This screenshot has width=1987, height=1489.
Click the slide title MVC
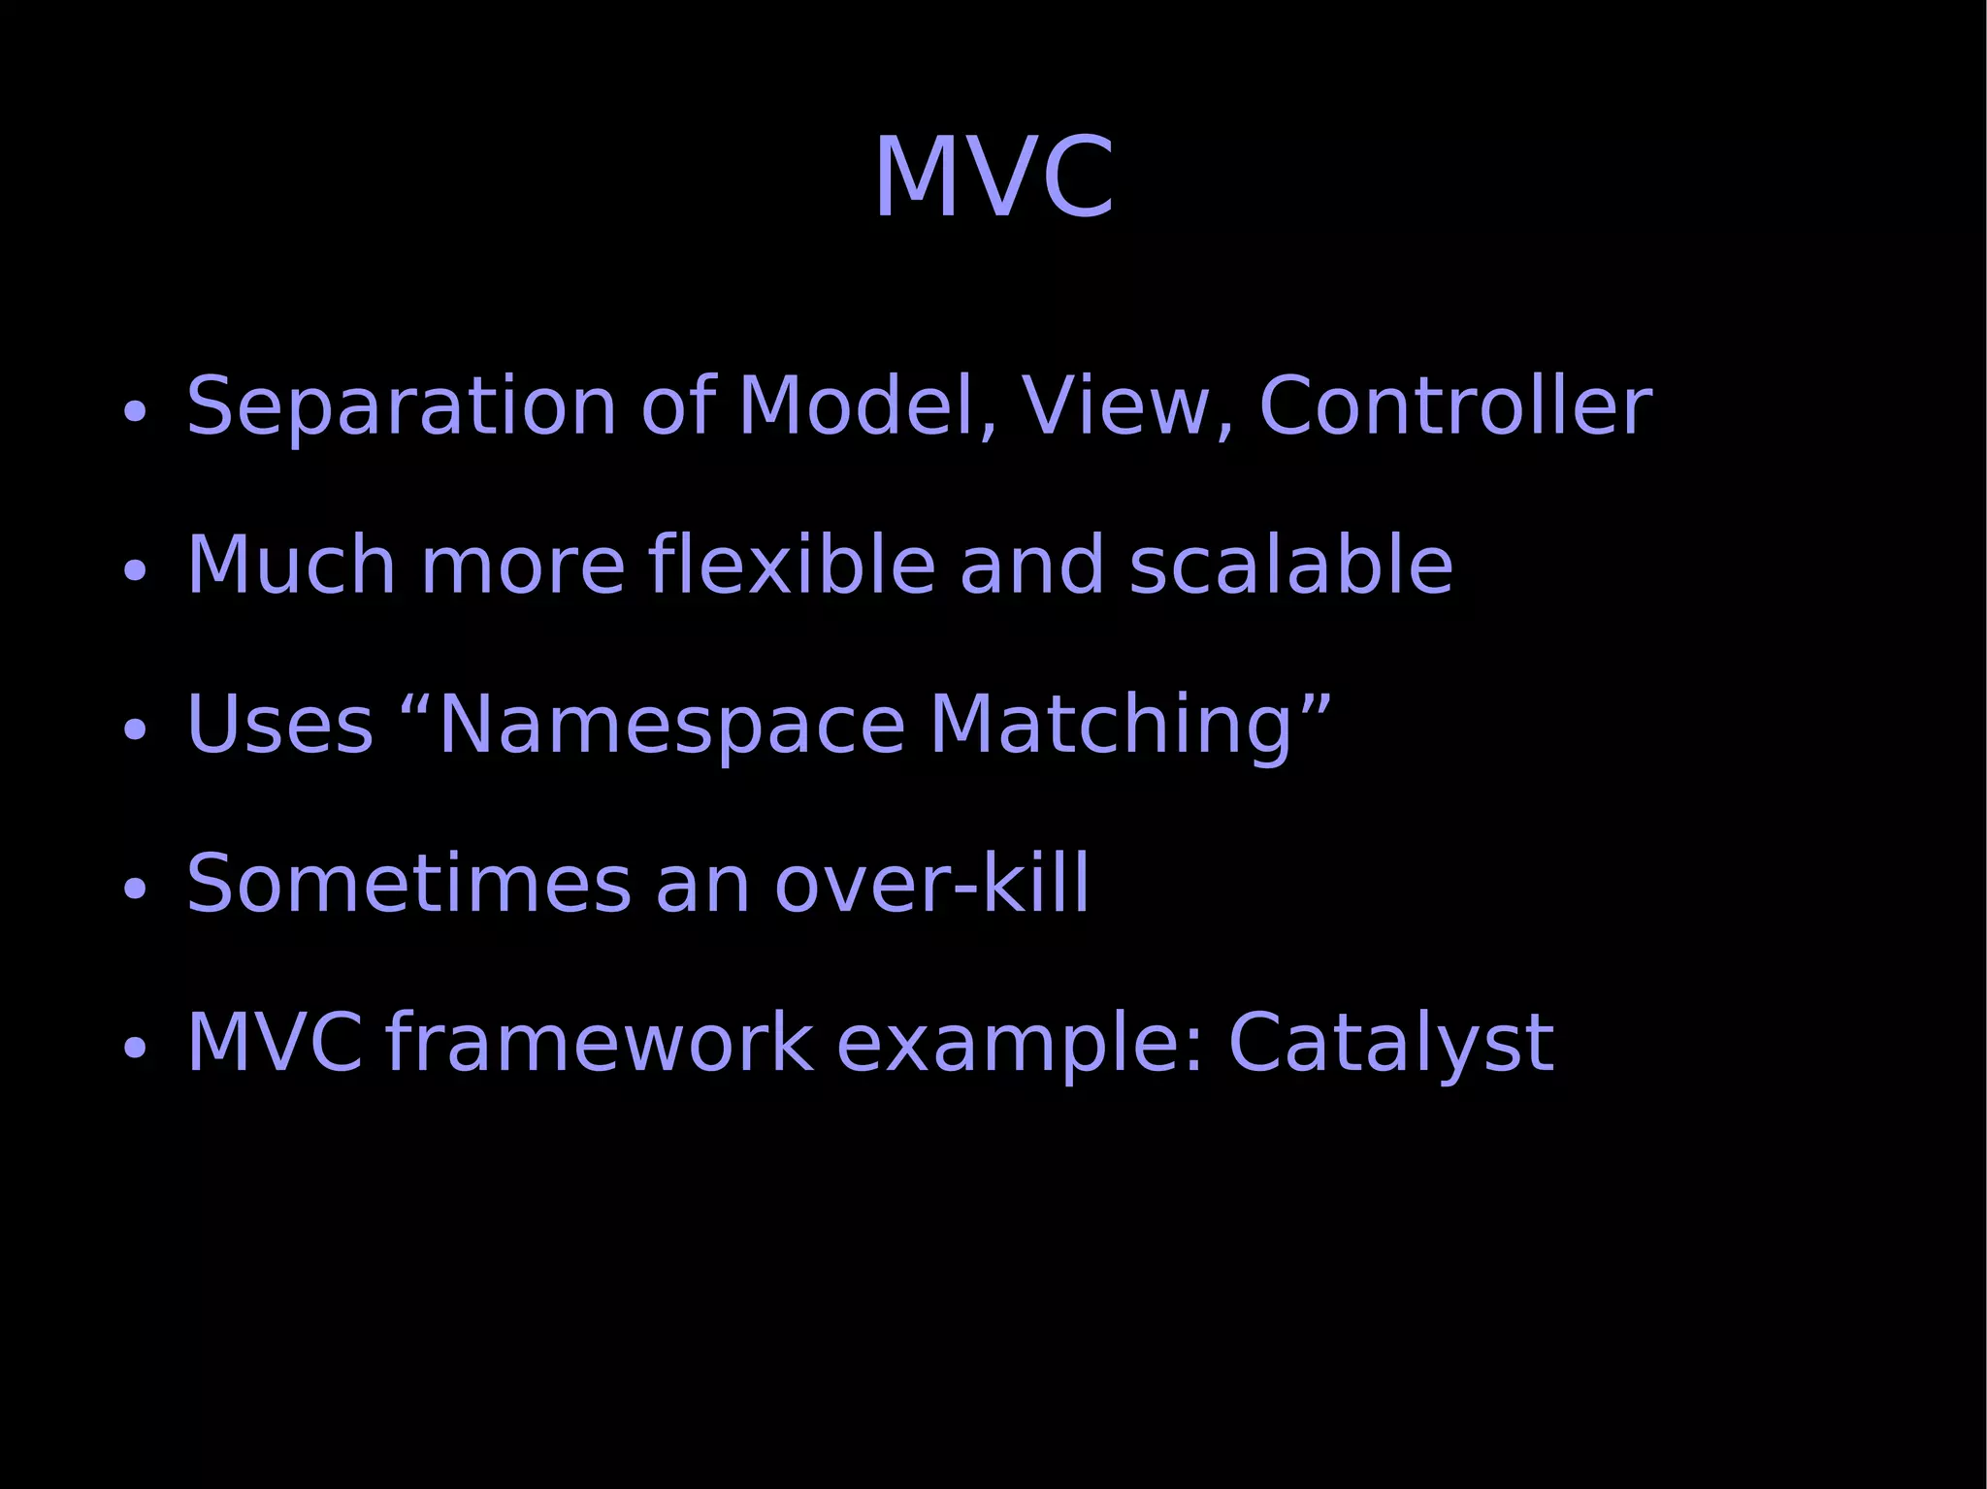pyautogui.click(x=993, y=178)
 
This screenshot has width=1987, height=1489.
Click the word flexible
pyautogui.click(x=791, y=565)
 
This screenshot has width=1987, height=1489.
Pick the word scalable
pyautogui.click(x=1290, y=565)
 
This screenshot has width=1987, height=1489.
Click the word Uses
pyautogui.click(x=279, y=725)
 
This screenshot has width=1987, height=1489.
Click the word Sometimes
pyautogui.click(x=408, y=884)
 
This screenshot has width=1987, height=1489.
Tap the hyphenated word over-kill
pyautogui.click(x=931, y=884)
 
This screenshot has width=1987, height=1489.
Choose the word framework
pyautogui.click(x=599, y=1043)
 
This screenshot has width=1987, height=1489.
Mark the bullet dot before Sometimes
pyautogui.click(x=135, y=890)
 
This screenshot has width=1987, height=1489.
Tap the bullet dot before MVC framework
pyautogui.click(x=135, y=1049)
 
